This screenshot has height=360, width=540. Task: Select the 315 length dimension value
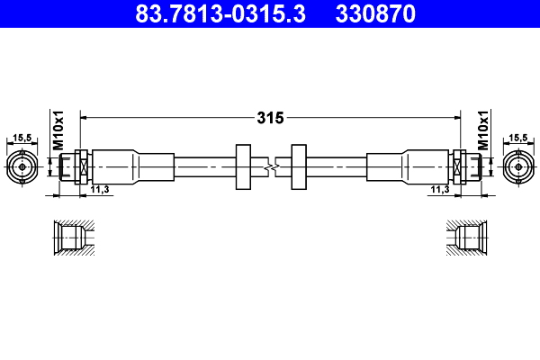[x=271, y=117]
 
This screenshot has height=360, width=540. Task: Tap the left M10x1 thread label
[x=57, y=131]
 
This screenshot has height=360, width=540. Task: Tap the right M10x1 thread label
[x=482, y=131]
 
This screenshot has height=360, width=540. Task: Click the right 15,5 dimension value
[x=519, y=138]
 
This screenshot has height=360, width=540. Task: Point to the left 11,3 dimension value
[x=100, y=190]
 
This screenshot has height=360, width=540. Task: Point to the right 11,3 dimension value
[x=440, y=190]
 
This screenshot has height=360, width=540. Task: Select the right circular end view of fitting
[x=519, y=166]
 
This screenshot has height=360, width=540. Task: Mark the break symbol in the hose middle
[x=271, y=166]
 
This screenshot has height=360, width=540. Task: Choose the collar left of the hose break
[x=242, y=166]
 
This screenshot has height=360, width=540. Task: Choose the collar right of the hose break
[x=299, y=166]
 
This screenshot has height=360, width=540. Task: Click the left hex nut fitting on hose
[x=80, y=166]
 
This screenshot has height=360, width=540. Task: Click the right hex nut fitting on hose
[x=460, y=166]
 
